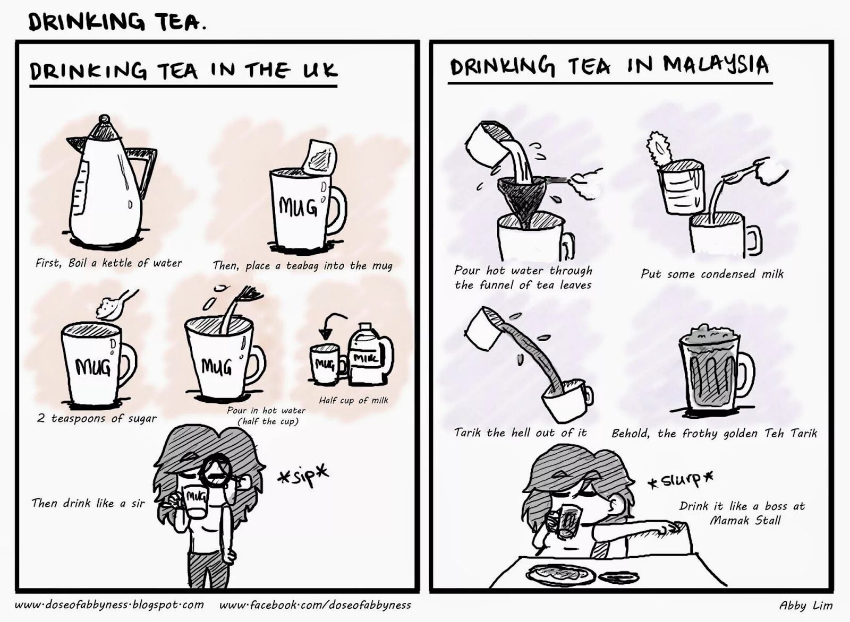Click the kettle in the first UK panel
(109, 186)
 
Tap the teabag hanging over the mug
(320, 158)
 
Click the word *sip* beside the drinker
(303, 475)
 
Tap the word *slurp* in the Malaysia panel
(680, 480)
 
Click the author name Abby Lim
(805, 605)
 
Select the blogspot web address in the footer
(109, 604)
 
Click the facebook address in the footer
(315, 604)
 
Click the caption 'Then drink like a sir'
(88, 503)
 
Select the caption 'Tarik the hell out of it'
(520, 433)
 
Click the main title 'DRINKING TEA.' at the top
(116, 22)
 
